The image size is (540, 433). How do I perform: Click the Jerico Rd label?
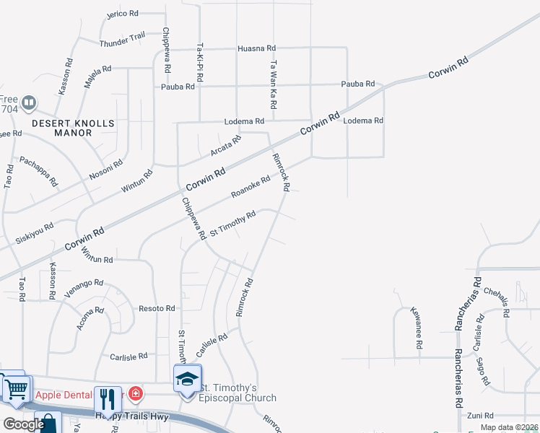(x=121, y=14)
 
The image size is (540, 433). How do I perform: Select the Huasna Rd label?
(x=257, y=48)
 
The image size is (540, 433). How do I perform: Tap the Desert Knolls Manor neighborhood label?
(x=73, y=128)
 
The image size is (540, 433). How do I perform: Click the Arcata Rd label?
(x=225, y=146)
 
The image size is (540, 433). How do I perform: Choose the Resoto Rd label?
(x=157, y=308)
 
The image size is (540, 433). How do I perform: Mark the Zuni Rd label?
(x=479, y=416)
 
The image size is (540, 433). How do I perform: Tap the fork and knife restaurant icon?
(x=107, y=398)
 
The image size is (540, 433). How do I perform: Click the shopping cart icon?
(x=16, y=388)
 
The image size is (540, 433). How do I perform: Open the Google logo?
(x=23, y=424)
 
